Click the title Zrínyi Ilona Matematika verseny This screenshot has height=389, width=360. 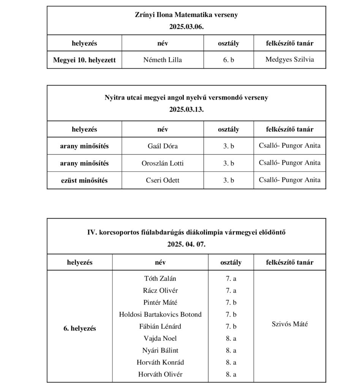(x=186, y=15)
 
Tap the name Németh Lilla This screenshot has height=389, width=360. (x=163, y=60)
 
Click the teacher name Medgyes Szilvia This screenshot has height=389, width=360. (x=290, y=60)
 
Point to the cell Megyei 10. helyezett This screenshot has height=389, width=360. (x=84, y=60)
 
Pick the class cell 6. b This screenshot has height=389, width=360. (x=229, y=60)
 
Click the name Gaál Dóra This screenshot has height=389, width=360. (x=163, y=146)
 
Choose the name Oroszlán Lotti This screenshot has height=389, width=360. (x=163, y=163)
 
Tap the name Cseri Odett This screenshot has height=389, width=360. (x=163, y=180)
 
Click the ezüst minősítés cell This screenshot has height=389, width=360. (x=84, y=180)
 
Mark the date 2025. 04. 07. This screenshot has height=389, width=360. (x=186, y=244)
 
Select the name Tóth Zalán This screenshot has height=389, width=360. (x=160, y=278)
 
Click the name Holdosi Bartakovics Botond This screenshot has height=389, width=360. (x=160, y=315)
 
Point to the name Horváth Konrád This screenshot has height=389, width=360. (x=160, y=362)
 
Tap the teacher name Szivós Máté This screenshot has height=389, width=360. (x=290, y=324)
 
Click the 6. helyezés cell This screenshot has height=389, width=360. (x=80, y=329)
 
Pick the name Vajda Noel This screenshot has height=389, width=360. (x=160, y=338)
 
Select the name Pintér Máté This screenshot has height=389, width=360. (x=160, y=303)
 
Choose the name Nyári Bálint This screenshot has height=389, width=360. (x=160, y=351)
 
